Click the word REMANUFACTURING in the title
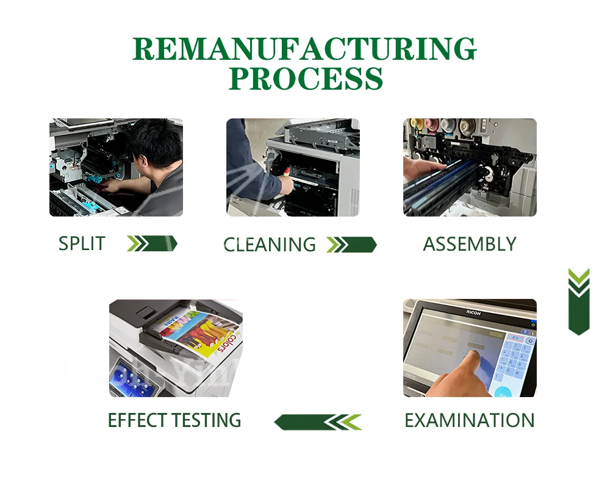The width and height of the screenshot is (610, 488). (304, 49)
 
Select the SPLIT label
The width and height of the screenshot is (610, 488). (82, 243)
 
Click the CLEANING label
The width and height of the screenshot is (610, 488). (270, 245)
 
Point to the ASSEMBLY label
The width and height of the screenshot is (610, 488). (470, 244)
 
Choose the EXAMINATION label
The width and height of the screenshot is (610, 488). (470, 420)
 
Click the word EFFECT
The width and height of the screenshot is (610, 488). (137, 420)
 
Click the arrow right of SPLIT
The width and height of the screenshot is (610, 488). (152, 243)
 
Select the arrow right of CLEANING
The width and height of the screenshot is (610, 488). (351, 245)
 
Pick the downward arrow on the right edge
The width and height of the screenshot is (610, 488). (578, 301)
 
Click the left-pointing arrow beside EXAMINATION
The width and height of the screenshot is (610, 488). (318, 422)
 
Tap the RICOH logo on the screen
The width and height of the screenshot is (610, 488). (473, 313)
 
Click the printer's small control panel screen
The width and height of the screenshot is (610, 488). (129, 378)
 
